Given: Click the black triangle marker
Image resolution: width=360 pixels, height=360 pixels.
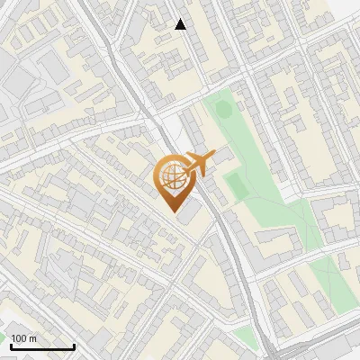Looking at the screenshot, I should (181, 24).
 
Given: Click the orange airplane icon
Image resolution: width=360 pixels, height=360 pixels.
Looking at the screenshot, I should (201, 164).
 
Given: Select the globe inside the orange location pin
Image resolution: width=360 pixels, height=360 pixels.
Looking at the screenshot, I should (171, 176).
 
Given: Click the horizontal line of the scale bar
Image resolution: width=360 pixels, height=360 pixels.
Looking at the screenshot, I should (42, 346).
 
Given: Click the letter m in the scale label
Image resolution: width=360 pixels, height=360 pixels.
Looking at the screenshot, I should (33, 339).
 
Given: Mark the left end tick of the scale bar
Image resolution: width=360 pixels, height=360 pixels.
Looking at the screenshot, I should (11, 345).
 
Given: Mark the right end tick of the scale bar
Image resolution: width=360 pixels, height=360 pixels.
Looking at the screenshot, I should (74, 345).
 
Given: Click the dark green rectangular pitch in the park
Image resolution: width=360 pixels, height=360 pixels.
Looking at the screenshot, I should (236, 185).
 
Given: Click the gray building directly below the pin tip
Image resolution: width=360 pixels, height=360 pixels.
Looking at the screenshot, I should (190, 215).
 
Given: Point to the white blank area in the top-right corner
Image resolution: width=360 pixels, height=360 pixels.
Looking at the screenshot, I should (346, 11).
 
